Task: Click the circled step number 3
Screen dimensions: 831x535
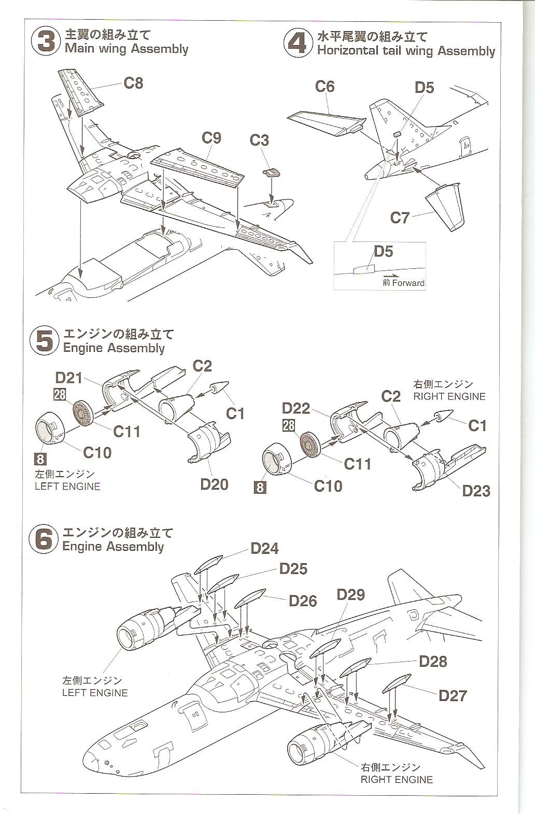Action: coord(46,41)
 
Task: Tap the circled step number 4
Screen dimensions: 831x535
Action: coord(298,43)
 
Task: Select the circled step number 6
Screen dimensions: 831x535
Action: coord(44,539)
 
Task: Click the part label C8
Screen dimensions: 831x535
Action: coord(133,83)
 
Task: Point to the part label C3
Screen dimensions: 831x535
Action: coord(259,140)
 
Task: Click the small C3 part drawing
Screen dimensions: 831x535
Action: coord(272,173)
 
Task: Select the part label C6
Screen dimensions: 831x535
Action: coord(325,87)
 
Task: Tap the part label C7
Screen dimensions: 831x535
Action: coord(400,218)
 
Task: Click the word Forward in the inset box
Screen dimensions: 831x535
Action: coord(409,283)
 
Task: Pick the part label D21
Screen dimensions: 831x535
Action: coord(69,378)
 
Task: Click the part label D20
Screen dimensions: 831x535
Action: coord(214,484)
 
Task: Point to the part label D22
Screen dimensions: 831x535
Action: coord(296,408)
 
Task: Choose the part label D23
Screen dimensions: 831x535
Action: coord(476,490)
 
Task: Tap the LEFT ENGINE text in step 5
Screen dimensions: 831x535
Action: coord(67,486)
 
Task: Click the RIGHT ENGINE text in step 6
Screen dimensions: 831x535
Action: coord(397,779)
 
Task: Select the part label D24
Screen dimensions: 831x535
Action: coord(264,548)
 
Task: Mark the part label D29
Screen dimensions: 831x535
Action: coord(350,594)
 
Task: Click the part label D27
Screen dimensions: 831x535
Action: coord(453,695)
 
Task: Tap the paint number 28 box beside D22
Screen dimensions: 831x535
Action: coord(289,425)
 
